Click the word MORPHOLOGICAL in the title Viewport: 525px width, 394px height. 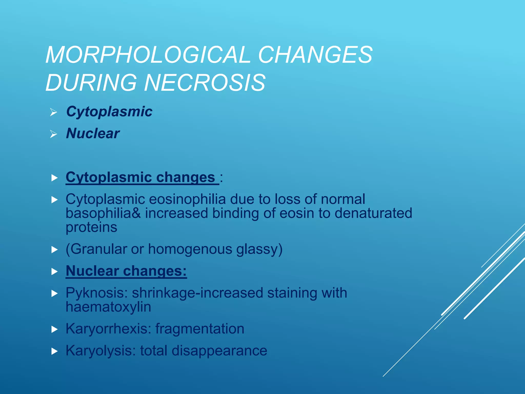(148, 55)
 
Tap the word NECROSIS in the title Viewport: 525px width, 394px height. (205, 83)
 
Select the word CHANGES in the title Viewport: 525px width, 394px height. (315, 55)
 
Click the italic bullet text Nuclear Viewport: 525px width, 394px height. (93, 133)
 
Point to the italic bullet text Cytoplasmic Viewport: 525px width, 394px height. (109, 112)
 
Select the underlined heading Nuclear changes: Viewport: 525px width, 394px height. (126, 271)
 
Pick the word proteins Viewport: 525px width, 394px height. (91, 227)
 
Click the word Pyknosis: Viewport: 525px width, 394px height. (97, 293)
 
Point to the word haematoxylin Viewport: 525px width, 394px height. (108, 307)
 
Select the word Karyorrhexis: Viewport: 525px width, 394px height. (108, 329)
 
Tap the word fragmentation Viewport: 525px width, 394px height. (200, 329)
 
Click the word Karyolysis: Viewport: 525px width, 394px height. (101, 351)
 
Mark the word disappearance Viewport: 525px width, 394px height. (219, 351)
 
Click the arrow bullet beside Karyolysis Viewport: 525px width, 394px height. (54, 351)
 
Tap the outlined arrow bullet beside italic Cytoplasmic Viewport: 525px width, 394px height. (54, 112)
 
